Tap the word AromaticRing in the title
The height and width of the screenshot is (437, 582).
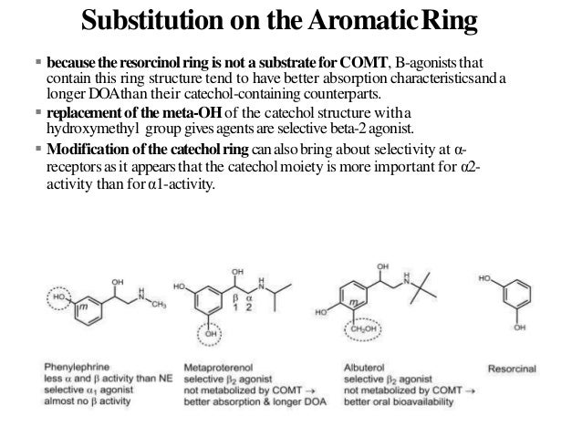pyautogui.click(x=410, y=20)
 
